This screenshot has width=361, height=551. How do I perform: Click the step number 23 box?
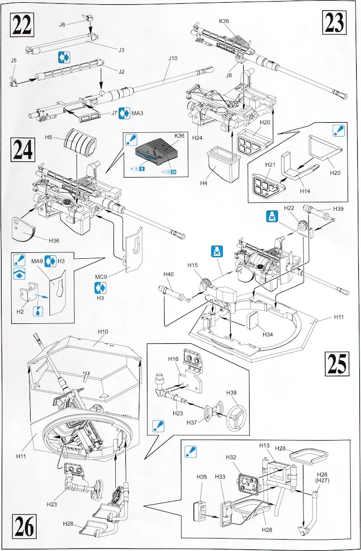point(336,23)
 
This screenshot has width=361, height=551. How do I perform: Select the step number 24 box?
point(23,150)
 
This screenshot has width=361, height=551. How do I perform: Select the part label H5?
point(49,138)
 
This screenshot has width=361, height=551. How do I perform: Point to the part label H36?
point(54,241)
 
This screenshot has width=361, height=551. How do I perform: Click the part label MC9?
point(101,277)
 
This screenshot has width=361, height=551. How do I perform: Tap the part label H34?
point(267,334)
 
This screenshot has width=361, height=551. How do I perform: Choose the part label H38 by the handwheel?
point(231,393)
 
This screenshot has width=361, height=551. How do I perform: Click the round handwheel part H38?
point(236,417)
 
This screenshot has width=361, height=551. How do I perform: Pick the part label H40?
point(168,274)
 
